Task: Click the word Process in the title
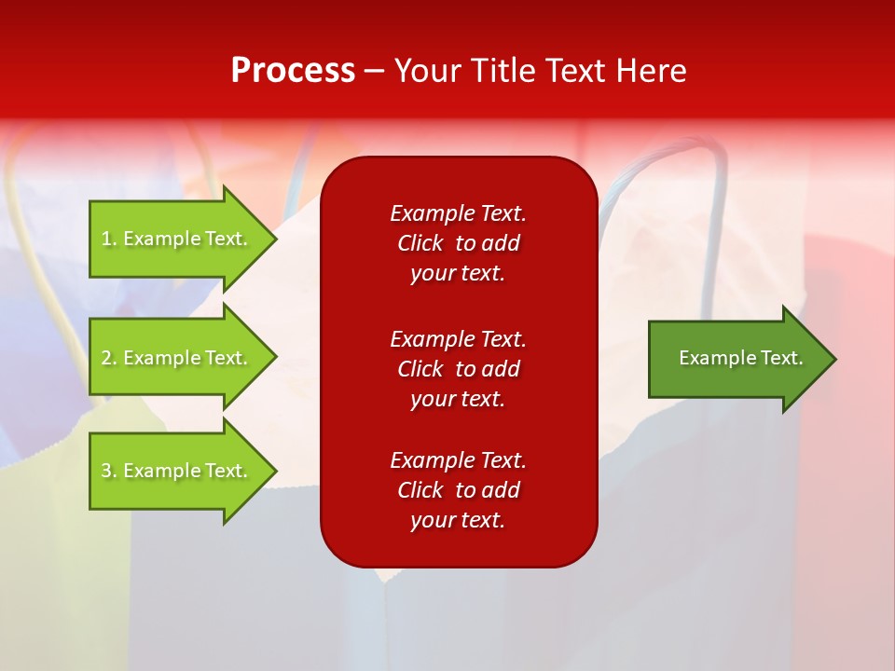tap(293, 71)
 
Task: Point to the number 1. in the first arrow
tap(109, 239)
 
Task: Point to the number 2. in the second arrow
tap(109, 358)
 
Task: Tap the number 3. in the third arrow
tap(109, 471)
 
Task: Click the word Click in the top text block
tap(420, 243)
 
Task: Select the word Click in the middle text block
tap(420, 369)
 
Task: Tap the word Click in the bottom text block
tap(420, 490)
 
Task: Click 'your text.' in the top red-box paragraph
tap(458, 273)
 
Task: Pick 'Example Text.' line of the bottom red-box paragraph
tap(458, 460)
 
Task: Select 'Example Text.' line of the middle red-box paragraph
tap(458, 339)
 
